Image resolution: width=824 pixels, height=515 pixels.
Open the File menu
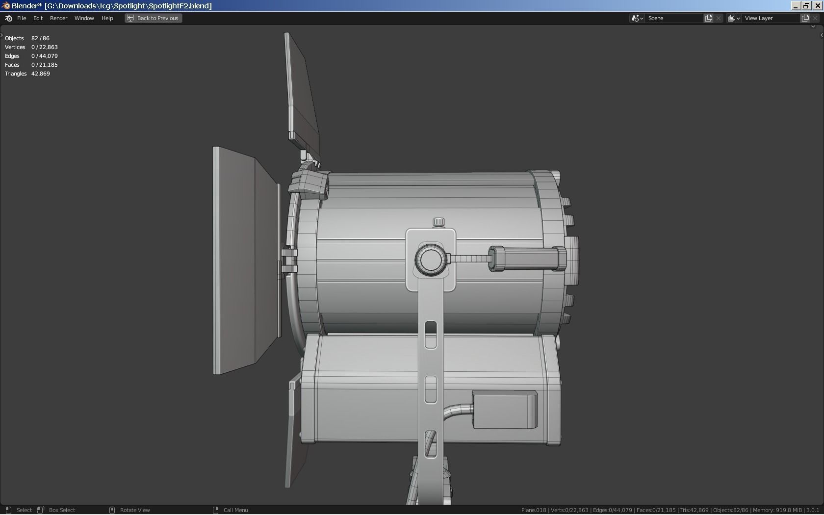click(22, 18)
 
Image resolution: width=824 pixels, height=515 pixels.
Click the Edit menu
click(38, 18)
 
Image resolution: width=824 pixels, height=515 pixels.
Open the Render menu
click(58, 18)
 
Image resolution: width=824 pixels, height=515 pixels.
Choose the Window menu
click(84, 18)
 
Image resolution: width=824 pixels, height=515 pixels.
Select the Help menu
click(107, 18)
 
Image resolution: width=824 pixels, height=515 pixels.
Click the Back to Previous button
click(154, 18)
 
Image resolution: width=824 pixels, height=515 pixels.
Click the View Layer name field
click(770, 18)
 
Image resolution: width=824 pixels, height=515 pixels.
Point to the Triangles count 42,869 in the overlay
click(41, 74)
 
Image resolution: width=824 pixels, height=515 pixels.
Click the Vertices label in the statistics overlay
click(15, 47)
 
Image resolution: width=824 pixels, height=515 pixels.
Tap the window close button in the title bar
click(818, 5)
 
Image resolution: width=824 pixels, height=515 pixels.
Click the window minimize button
click(796, 5)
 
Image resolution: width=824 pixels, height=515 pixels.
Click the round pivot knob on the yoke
click(430, 259)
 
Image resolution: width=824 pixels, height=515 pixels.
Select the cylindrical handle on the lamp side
click(527, 258)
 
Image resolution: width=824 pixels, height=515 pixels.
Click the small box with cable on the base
click(504, 409)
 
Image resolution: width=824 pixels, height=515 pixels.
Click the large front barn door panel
click(234, 260)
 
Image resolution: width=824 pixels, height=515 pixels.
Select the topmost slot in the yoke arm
click(431, 335)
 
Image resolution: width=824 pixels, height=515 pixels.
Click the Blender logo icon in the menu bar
click(8, 18)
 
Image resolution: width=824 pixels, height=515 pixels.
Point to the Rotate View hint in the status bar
click(135, 510)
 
